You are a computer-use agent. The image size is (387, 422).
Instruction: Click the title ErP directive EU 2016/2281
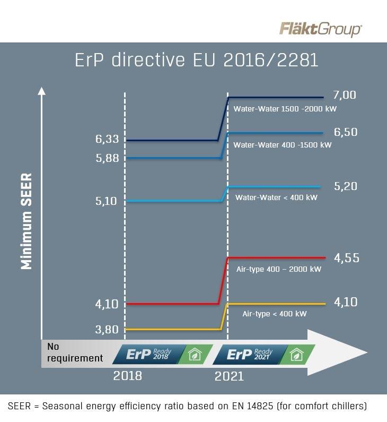[197, 60]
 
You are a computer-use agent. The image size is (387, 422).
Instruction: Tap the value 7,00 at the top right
[345, 96]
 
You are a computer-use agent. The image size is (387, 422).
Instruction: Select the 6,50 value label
[346, 133]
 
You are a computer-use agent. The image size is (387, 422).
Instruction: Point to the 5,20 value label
[346, 186]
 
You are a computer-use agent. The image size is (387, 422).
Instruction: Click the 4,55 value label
[347, 258]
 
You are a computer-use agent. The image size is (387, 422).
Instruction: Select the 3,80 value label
[107, 330]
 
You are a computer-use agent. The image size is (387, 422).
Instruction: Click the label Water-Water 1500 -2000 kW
[285, 109]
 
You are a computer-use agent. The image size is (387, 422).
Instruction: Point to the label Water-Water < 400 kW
[276, 197]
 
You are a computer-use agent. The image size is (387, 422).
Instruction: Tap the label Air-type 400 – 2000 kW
[279, 269]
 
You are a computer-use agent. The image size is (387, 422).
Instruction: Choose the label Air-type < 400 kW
[275, 314]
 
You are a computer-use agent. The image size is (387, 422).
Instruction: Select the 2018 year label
[127, 376]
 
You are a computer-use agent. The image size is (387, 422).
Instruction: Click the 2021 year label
[229, 376]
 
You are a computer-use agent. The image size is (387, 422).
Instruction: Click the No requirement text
[75, 352]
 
